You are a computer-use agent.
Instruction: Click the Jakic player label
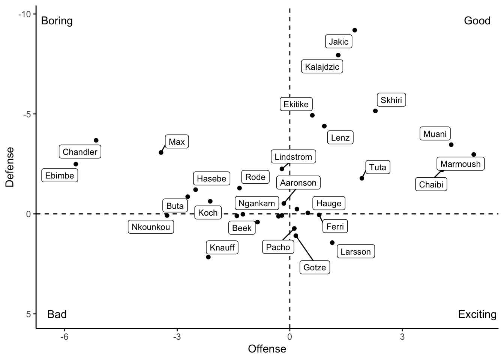[339, 42]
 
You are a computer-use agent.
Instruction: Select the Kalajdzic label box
[322, 67]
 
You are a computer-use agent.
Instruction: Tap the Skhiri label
[391, 100]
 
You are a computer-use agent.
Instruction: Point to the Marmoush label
[460, 164]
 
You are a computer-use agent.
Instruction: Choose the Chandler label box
[80, 152]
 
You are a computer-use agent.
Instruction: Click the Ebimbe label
[60, 175]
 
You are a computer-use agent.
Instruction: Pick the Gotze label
[315, 267]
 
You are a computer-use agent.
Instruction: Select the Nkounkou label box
[151, 227]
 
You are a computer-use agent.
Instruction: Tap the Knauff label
[222, 247]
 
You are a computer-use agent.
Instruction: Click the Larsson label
[355, 252]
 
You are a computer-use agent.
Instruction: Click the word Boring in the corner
[57, 21]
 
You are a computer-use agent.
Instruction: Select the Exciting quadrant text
[477, 314]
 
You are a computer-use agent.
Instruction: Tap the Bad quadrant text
[57, 314]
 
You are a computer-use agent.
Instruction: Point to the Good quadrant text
[477, 21]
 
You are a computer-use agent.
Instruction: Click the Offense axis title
[267, 349]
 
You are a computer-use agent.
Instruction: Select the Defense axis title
[10, 167]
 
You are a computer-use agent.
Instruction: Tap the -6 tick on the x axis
[64, 337]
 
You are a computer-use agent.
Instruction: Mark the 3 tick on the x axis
[402, 337]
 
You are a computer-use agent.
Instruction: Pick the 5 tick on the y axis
[27, 314]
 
